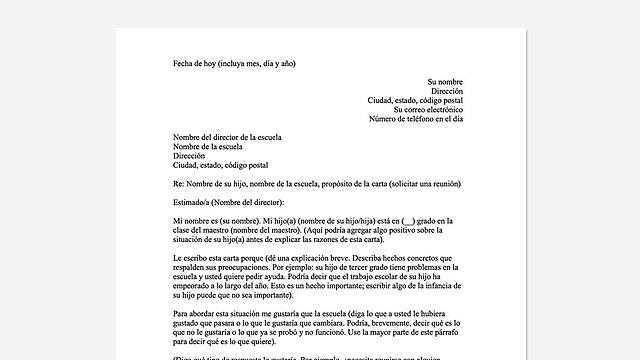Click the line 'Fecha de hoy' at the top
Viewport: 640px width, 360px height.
click(x=234, y=64)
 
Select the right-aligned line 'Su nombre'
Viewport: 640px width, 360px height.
click(x=445, y=81)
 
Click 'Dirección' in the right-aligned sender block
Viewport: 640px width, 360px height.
click(x=447, y=90)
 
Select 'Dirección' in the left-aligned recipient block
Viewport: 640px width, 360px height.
click(x=189, y=156)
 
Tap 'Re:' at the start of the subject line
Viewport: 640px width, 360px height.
click(x=178, y=183)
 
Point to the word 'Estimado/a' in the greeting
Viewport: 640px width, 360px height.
click(x=190, y=201)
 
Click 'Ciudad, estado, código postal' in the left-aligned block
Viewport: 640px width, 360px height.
click(x=221, y=165)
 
